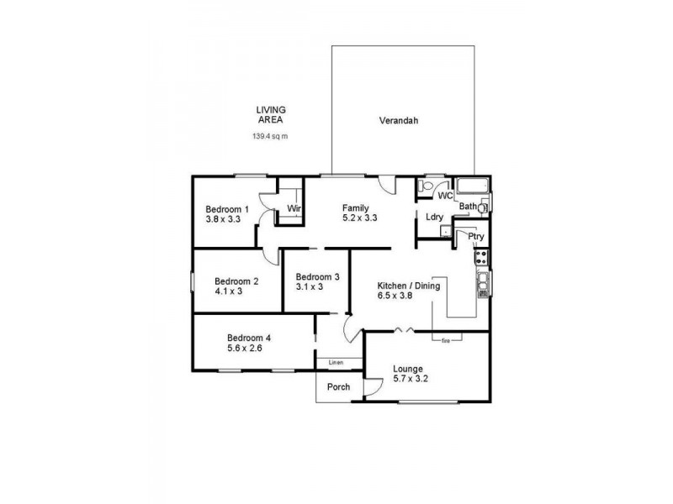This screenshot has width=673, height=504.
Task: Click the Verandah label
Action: coord(399,120)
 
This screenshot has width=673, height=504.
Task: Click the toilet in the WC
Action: coord(427,186)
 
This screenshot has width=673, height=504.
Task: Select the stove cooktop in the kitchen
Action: coord(484,257)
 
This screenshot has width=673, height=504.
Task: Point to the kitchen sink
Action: coord(484,284)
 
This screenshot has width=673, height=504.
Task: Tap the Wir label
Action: coord(294,208)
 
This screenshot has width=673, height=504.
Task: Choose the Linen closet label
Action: coord(336,363)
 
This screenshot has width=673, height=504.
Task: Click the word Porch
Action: coord(339,387)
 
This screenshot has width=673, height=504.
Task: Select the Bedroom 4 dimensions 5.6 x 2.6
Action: coord(245,348)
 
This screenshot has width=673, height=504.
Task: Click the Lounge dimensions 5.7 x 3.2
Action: coord(411,379)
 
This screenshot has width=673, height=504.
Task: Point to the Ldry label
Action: coord(434,217)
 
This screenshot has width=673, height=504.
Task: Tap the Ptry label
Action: coord(475,237)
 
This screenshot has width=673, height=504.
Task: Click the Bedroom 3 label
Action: coord(317,276)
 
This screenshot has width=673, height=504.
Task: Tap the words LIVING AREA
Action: coord(271,114)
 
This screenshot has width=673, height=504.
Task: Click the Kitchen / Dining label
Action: coord(408,286)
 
